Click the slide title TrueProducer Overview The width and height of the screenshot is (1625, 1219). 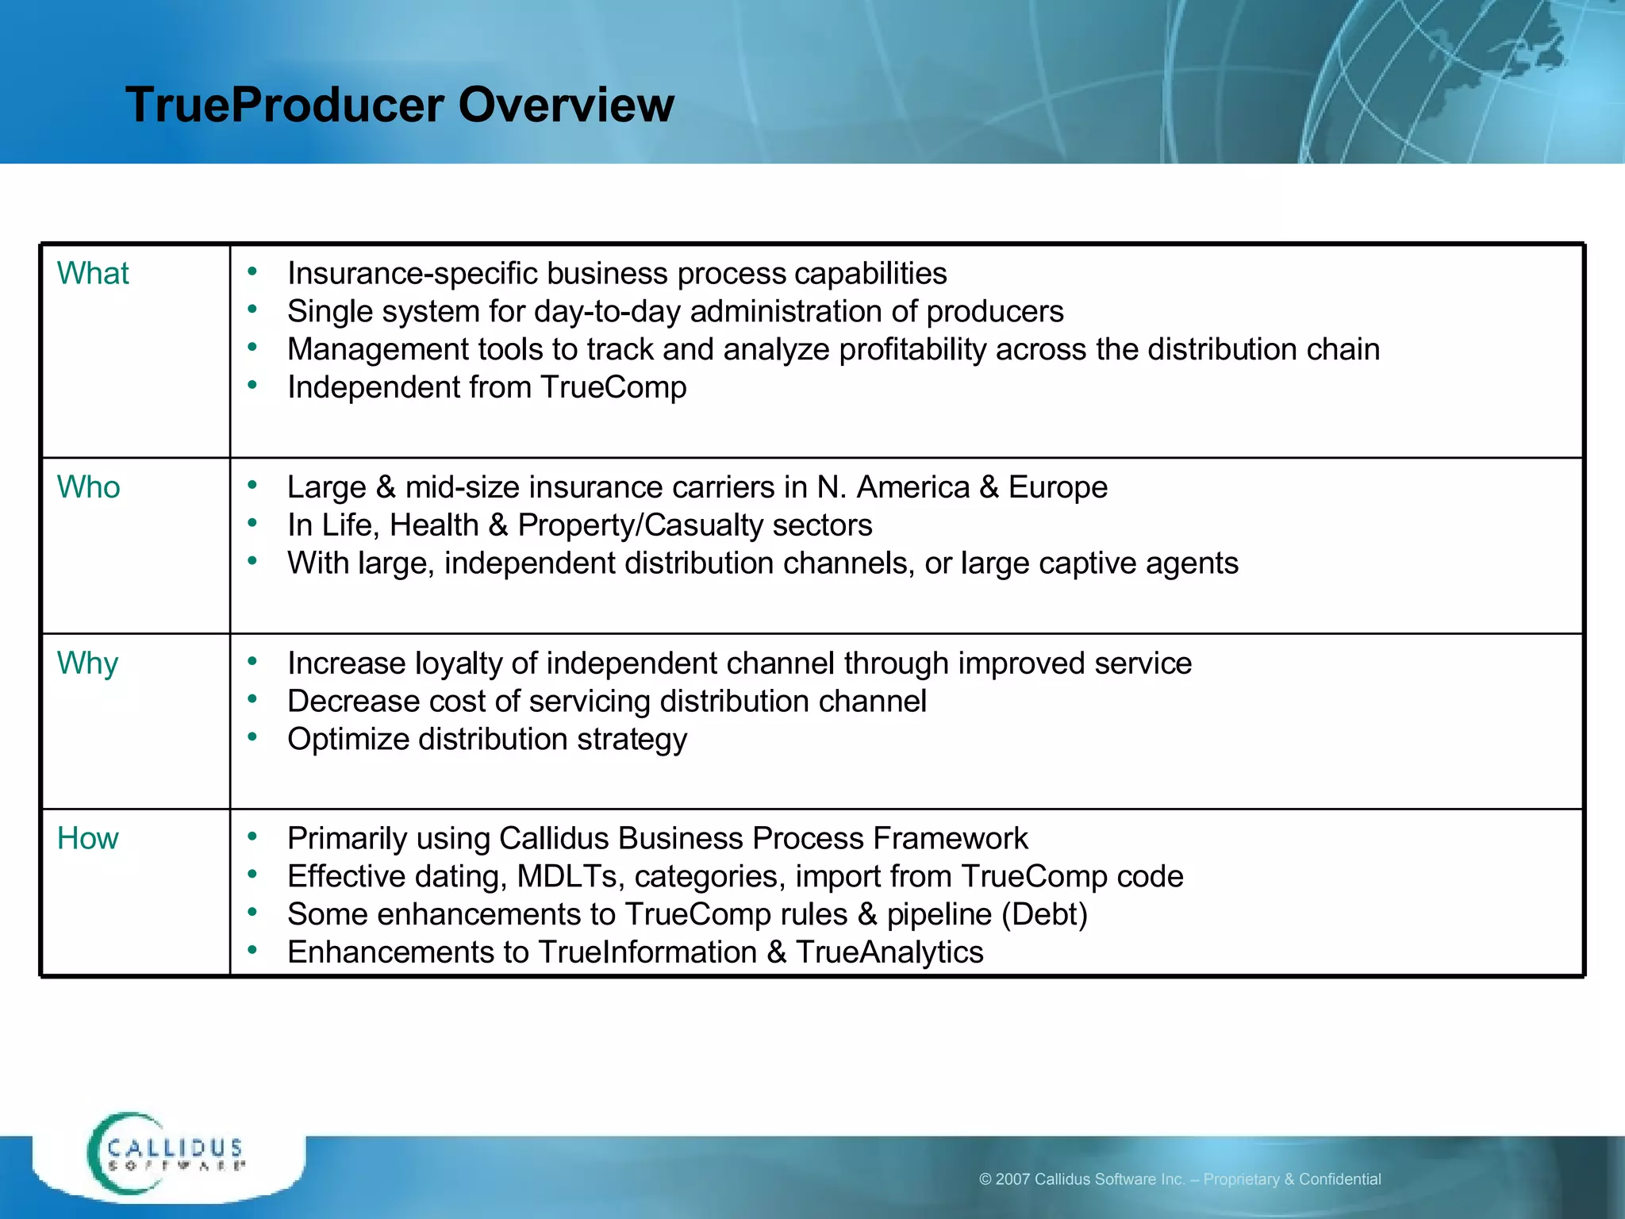pos(400,105)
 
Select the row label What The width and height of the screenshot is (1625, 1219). pos(93,273)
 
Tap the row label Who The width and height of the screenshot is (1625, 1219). pos(88,486)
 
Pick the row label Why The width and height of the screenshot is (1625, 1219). pos(87,663)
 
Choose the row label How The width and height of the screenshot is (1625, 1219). pos(87,838)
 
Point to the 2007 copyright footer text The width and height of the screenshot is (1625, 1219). pos(1179,1179)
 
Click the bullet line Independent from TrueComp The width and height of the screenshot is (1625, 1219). pos(486,387)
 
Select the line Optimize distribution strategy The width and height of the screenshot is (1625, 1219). pos(486,739)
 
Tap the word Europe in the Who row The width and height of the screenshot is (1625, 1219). pos(1058,486)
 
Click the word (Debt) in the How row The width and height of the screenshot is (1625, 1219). pos(1044,914)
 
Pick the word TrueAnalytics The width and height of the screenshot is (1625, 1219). pos(889,952)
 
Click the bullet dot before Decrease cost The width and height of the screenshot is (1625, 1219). pos(252,699)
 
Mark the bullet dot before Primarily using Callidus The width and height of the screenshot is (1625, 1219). pos(252,836)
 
